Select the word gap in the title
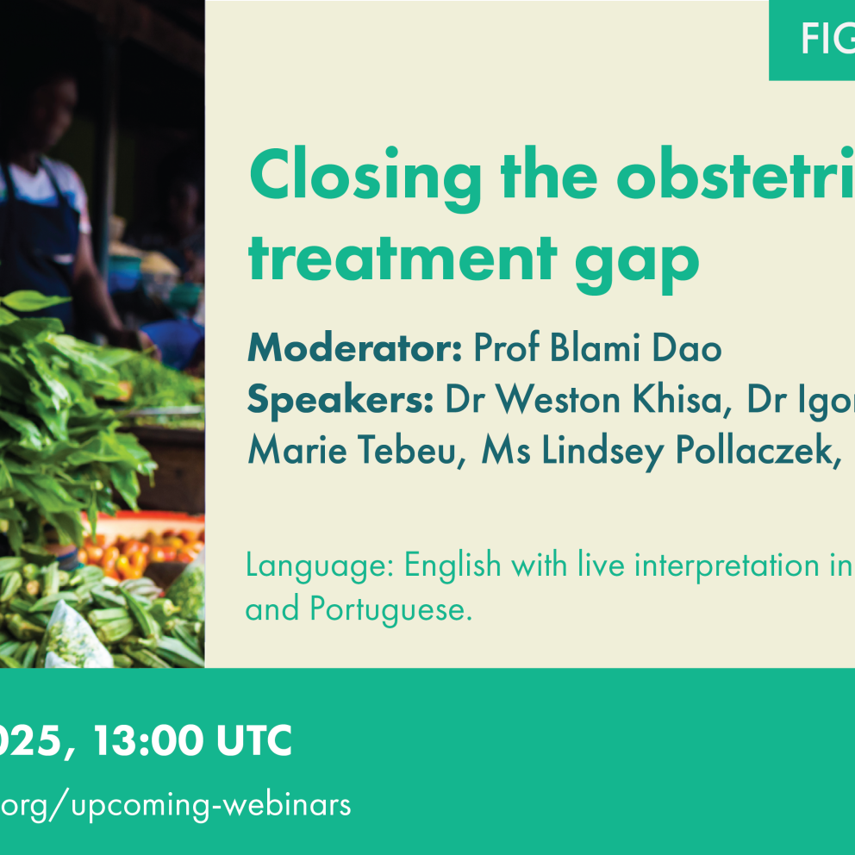click(637, 265)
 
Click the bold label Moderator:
click(355, 347)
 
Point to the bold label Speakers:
click(340, 401)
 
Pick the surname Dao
click(687, 347)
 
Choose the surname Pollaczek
click(758, 452)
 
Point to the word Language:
click(320, 565)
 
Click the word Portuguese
click(390, 609)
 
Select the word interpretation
click(727, 565)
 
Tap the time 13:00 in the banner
click(148, 740)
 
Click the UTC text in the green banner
click(254, 740)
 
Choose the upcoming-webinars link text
click(211, 806)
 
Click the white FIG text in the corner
click(827, 40)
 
